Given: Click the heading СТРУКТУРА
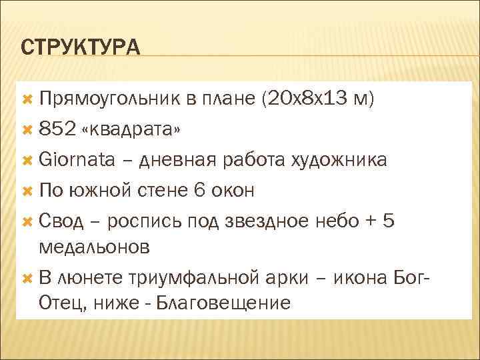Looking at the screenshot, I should pyautogui.click(x=81, y=48).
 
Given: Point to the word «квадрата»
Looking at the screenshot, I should pyautogui.click(x=130, y=129).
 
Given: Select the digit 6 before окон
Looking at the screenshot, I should pyautogui.click(x=198, y=190).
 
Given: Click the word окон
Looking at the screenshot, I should pyautogui.click(x=233, y=190).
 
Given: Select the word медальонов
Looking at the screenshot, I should pyautogui.click(x=95, y=247).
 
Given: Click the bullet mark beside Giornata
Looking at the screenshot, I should pyautogui.click(x=27, y=160).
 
